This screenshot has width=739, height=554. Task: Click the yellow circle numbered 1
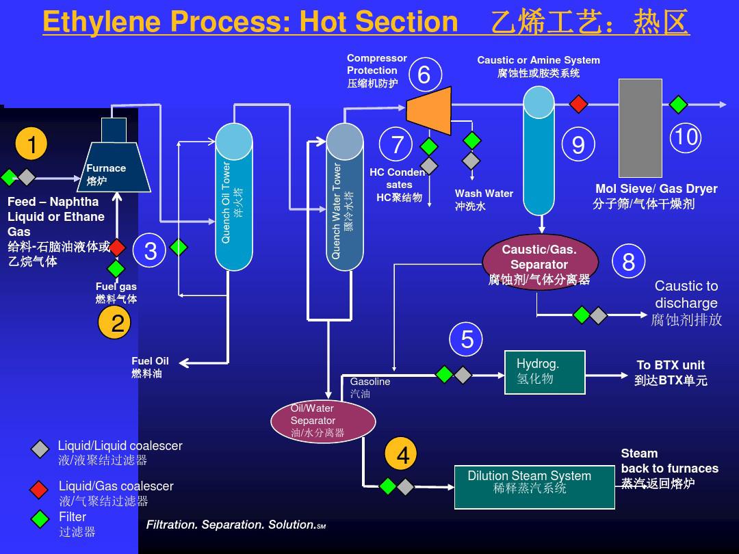[31, 144]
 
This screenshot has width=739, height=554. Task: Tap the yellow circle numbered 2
[117, 323]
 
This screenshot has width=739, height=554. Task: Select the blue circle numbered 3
[151, 251]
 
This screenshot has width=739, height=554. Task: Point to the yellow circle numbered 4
[402, 455]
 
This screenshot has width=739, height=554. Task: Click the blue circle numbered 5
[467, 339]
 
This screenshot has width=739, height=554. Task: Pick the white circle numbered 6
[424, 75]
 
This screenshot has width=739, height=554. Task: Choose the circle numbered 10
[685, 137]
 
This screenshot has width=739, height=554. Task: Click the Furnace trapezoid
[119, 167]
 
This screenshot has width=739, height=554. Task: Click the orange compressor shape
[430, 110]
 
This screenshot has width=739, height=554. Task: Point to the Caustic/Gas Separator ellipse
[540, 264]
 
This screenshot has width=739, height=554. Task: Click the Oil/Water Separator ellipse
[323, 421]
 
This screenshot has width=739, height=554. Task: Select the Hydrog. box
[545, 372]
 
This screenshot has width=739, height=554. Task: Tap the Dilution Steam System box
[534, 487]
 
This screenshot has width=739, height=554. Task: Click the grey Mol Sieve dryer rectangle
[640, 128]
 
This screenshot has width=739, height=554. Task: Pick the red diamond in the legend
[40, 489]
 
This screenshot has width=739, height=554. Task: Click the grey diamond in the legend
[40, 449]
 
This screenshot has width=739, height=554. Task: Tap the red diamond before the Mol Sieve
[579, 104]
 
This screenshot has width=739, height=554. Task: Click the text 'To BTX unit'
[670, 365]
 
